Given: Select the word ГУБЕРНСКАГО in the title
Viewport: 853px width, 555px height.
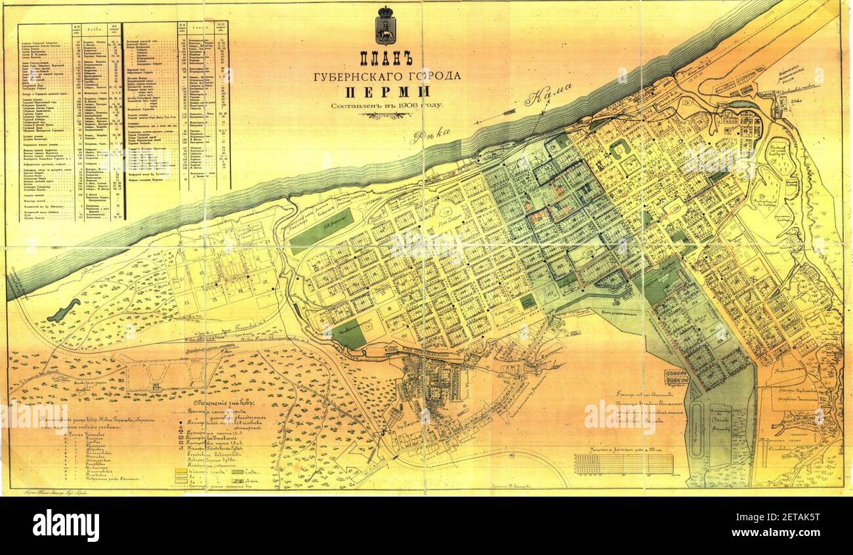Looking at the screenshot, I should [358, 76].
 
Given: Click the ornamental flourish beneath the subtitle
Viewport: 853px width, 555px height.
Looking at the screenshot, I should [386, 115].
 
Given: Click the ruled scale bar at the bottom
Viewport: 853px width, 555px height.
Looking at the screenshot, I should [623, 463].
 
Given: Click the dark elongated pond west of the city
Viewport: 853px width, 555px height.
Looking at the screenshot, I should [64, 310].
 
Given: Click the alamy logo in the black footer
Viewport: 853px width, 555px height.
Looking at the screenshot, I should [66, 525].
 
